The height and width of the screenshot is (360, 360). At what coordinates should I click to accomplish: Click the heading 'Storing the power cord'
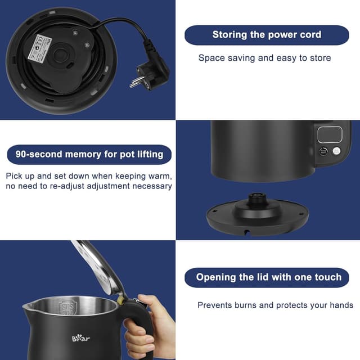click(267, 35)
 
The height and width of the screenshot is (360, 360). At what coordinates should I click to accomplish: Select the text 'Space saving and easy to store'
click(264, 58)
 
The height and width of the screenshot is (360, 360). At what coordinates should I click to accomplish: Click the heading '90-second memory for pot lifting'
click(89, 154)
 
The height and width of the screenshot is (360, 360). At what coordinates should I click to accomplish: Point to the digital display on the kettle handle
click(329, 135)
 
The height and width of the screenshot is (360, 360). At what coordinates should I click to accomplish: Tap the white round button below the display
click(336, 151)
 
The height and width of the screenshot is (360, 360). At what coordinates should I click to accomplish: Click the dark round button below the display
click(323, 151)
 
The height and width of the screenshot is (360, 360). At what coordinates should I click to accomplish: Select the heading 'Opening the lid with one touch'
click(268, 277)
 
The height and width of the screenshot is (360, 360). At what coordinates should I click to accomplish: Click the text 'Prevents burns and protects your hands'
click(275, 305)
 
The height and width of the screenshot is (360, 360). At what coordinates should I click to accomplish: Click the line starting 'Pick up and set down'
click(89, 175)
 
